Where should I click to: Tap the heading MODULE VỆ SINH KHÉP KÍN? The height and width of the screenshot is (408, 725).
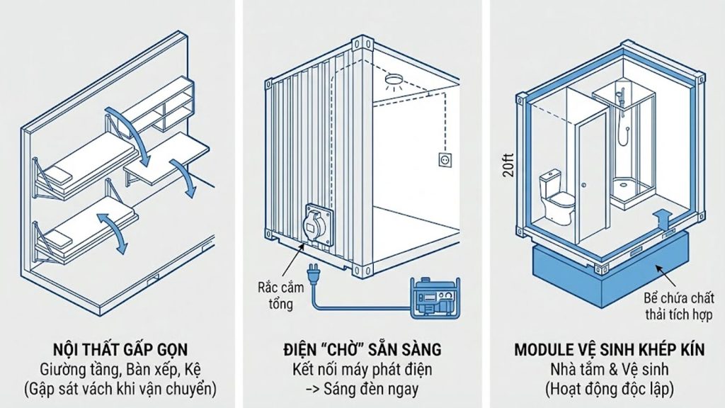603,349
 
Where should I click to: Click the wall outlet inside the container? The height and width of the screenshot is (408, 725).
445,161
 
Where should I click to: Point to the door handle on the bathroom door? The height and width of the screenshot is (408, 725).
585,185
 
